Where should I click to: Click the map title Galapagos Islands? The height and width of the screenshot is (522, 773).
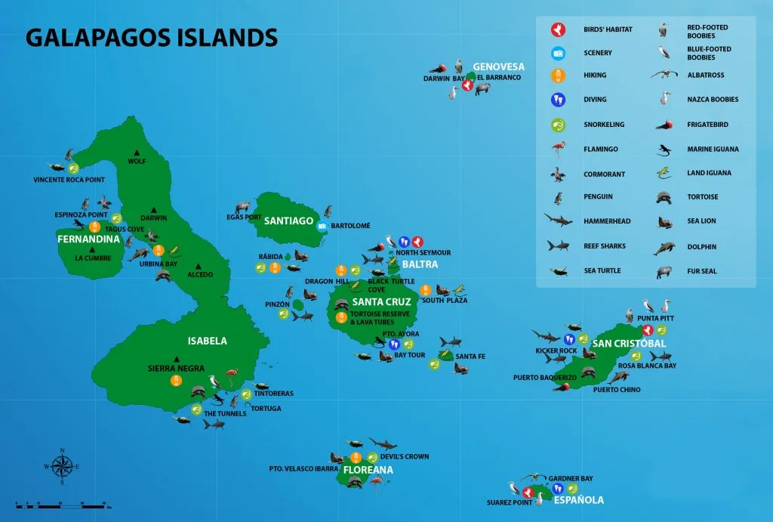pos(151,37)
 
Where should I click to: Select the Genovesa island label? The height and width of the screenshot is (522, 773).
pos(498,66)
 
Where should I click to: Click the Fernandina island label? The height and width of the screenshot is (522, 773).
pos(88,239)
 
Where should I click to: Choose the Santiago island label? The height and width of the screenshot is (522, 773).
pos(288,221)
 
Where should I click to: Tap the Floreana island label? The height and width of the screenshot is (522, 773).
pos(368,470)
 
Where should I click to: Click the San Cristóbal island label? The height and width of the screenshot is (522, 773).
pos(629,344)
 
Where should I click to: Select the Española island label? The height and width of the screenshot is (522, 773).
pos(578,500)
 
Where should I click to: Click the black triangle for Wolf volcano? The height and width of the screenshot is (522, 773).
pos(137,151)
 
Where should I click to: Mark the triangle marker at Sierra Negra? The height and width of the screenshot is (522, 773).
pos(176,359)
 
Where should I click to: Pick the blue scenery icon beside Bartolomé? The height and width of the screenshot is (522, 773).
pos(322,225)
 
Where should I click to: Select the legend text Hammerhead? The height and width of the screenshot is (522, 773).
pos(606,221)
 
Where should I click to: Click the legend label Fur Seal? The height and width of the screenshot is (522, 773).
pos(702,270)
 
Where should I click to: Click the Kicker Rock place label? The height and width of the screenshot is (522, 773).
pos(556,351)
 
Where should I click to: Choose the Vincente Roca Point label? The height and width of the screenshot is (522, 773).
pos(69,180)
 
